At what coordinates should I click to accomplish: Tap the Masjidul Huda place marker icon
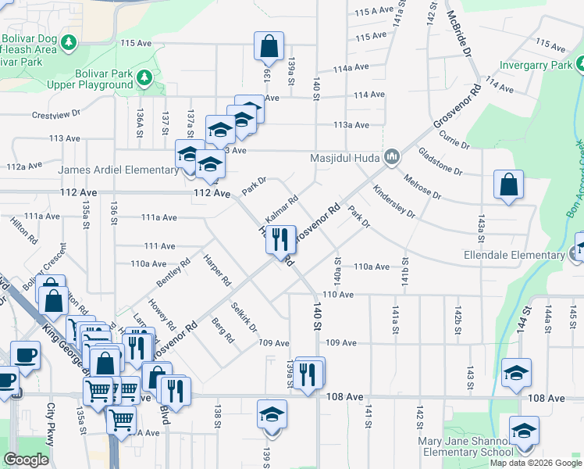pos(392,157)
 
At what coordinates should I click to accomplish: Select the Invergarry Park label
pos(536,65)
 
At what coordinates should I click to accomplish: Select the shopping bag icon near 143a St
pos(508,186)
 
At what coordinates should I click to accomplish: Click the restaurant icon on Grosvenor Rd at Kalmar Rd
pos(280,238)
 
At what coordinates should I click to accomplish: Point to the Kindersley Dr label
pos(394,200)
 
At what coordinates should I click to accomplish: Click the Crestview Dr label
pos(56,114)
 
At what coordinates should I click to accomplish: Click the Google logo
pos(27,460)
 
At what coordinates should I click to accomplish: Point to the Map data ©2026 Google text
pos(535,463)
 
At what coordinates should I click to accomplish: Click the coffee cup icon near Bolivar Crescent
pos(25,354)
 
